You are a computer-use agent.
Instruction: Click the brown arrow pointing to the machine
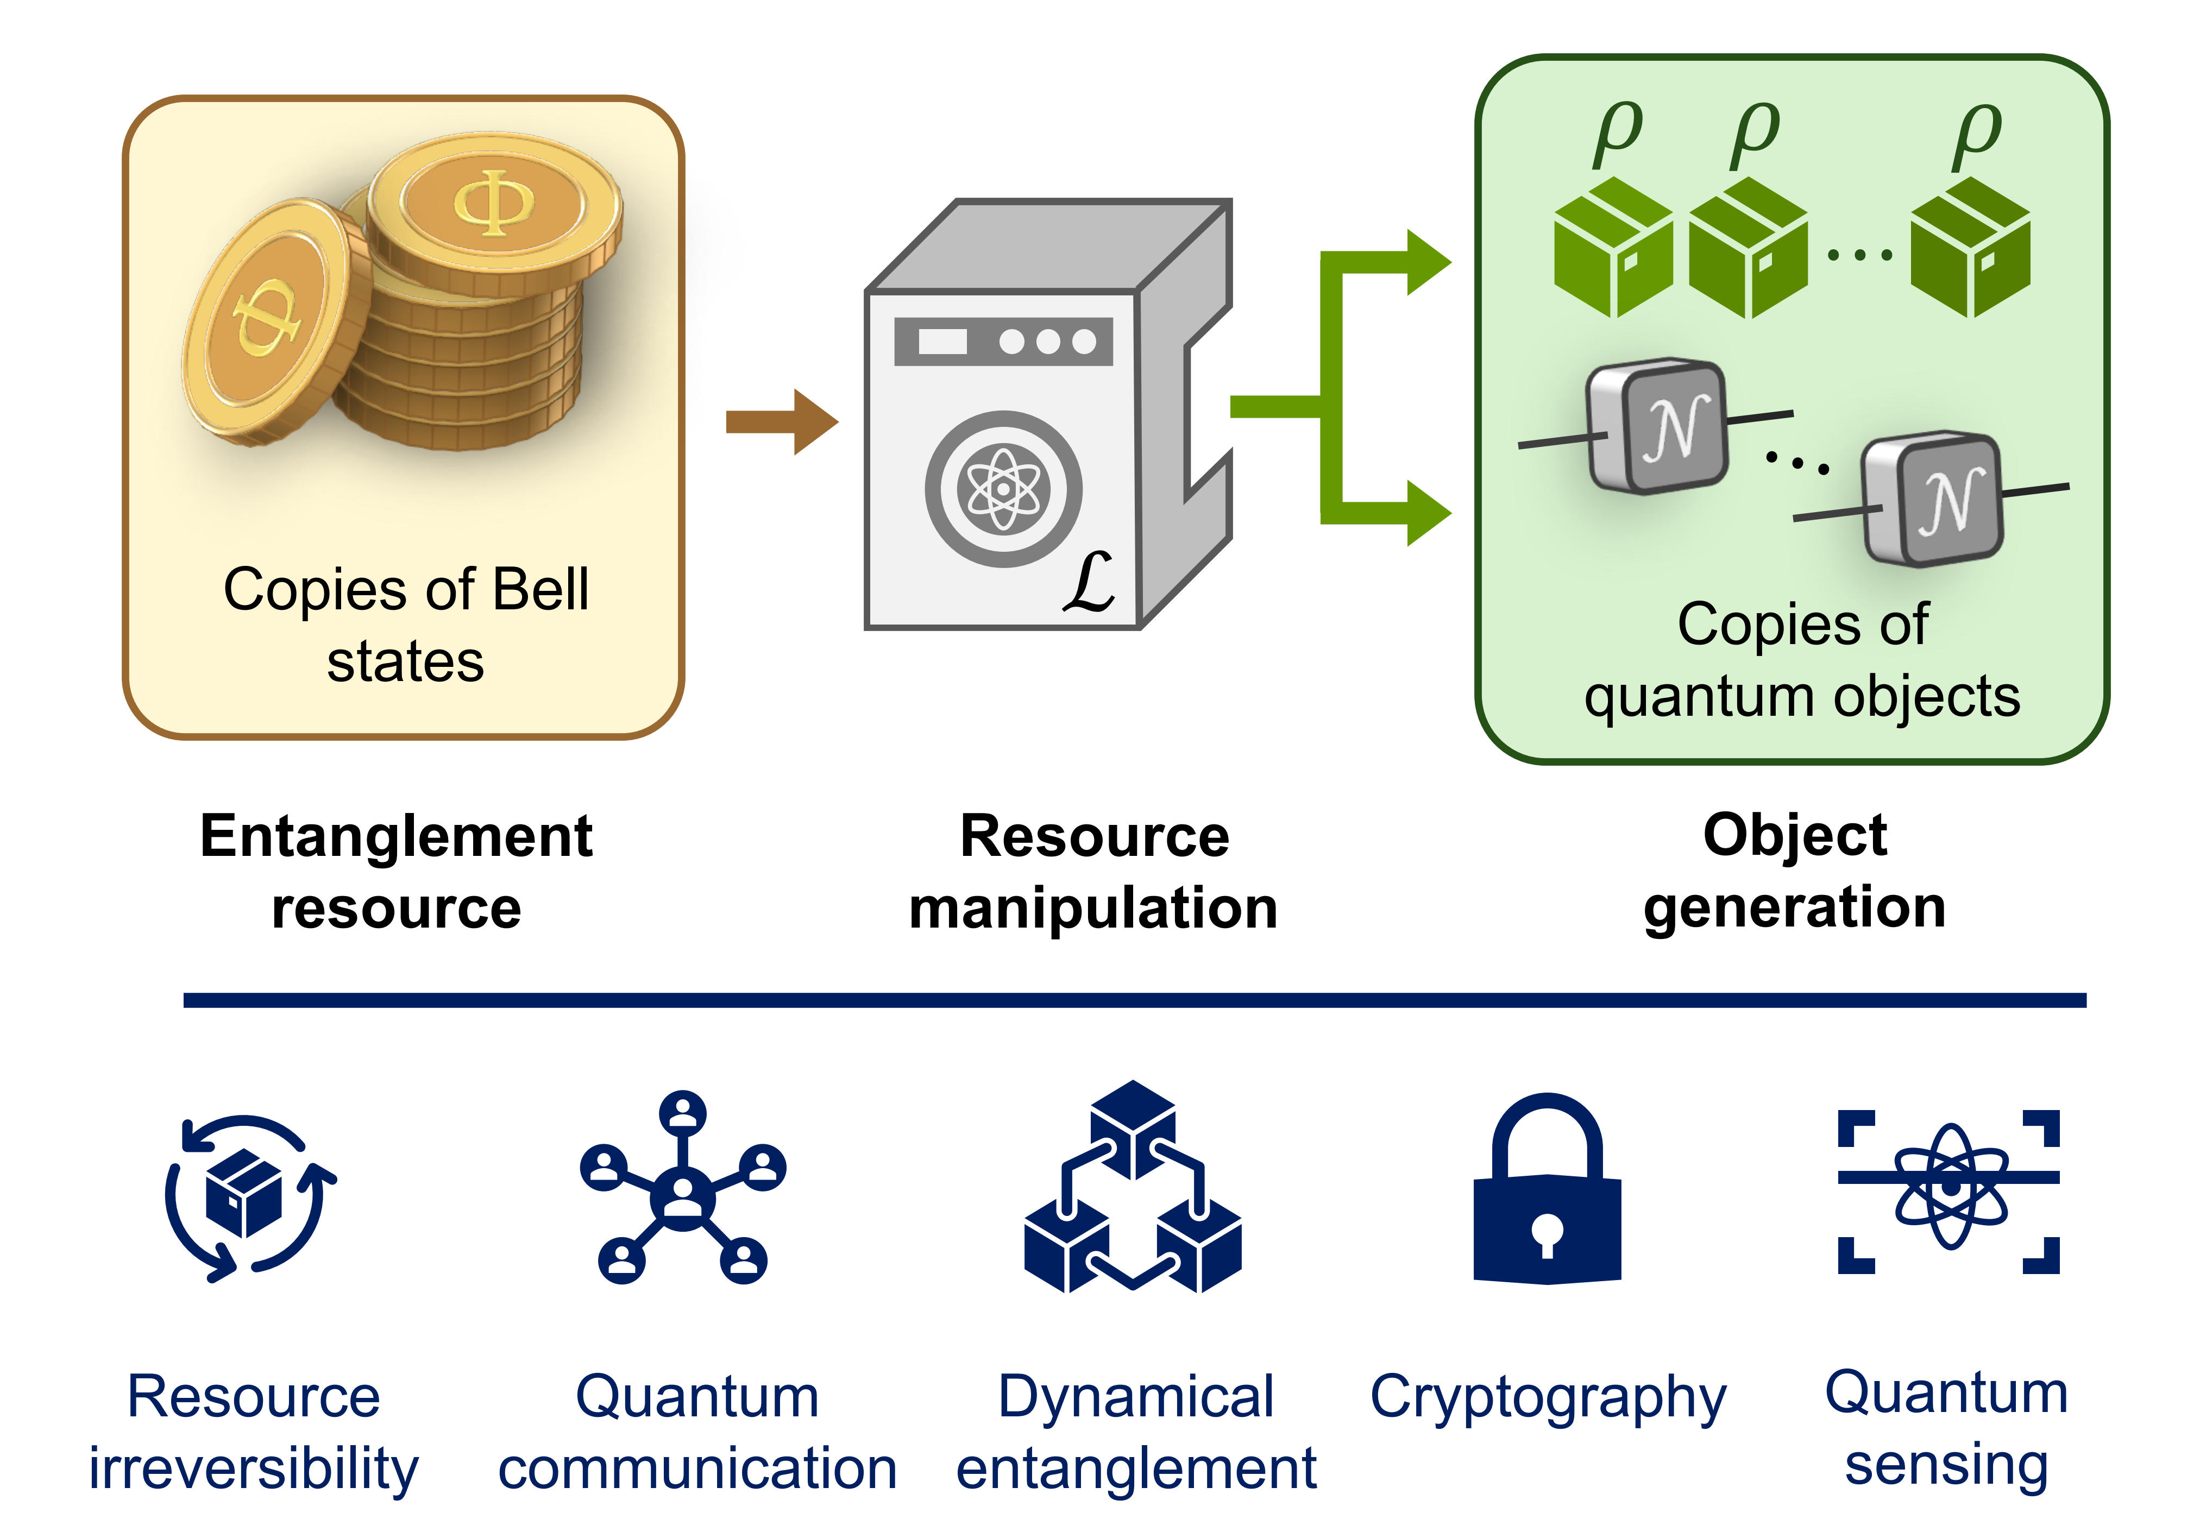click(x=781, y=421)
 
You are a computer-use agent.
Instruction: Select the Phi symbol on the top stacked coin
click(x=493, y=201)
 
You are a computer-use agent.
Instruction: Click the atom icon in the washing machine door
click(x=1002, y=489)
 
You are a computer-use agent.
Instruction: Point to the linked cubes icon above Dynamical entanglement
click(x=1133, y=1188)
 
